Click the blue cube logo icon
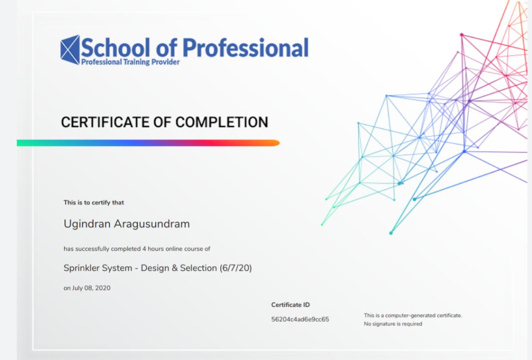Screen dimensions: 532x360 pos(70,50)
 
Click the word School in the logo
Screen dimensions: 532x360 pos(115,47)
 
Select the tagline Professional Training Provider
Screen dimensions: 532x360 pos(130,62)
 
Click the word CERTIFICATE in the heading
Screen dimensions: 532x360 pos(105,122)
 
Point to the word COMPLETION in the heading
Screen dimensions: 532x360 pos(222,122)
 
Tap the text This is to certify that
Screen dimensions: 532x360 pos(94,202)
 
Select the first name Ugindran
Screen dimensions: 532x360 pos(87,224)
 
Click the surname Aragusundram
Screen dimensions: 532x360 pos(152,224)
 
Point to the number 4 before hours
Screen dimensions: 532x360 pos(144,249)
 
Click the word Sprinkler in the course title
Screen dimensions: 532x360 pos(81,268)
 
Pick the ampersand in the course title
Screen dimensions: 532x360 pos(175,268)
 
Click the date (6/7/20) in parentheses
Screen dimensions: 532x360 pos(236,268)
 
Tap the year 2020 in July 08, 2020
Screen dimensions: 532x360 pos(102,288)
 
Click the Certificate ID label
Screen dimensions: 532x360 pos(291,305)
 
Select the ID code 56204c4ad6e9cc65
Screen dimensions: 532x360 pos(300,319)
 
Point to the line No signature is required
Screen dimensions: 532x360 pos(393,324)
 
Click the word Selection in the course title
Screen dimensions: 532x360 pos(199,268)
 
